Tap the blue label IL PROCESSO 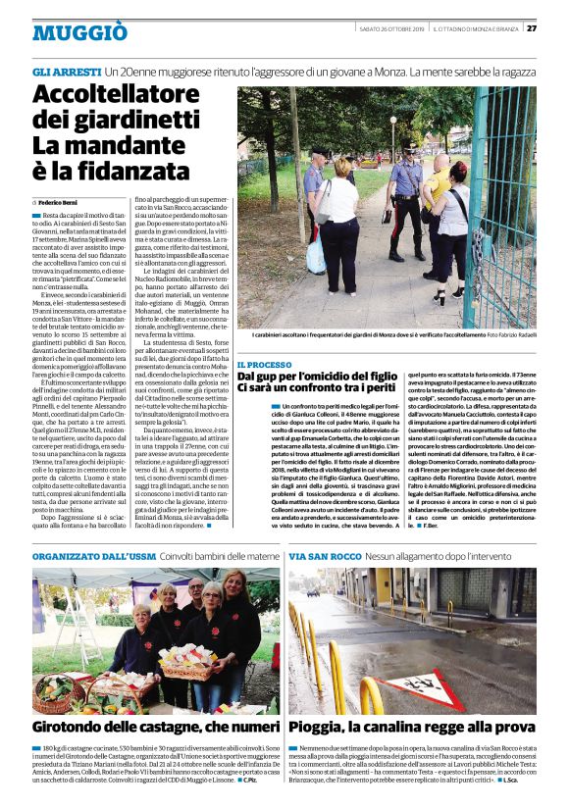click(x=264, y=364)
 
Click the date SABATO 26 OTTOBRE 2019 click(x=388, y=27)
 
